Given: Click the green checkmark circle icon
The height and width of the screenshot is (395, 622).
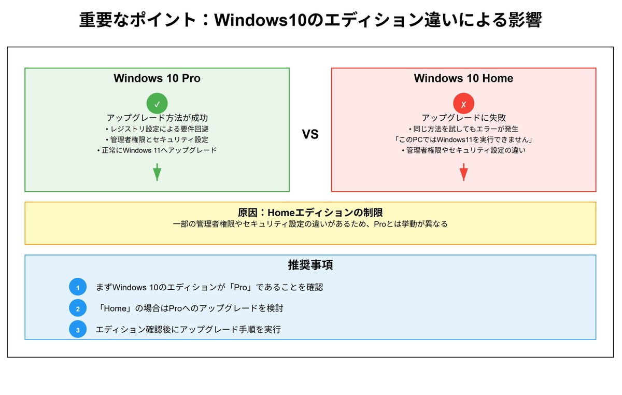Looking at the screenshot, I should point(157,104).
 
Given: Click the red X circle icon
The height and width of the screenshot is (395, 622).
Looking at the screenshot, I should point(463,104).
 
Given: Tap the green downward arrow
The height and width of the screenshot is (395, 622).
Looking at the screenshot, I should point(157,172).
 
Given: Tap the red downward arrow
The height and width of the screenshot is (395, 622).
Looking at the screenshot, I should point(463,172).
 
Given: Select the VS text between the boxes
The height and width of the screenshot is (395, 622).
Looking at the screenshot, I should point(310,135).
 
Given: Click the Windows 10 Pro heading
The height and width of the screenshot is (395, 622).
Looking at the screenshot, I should point(157,78).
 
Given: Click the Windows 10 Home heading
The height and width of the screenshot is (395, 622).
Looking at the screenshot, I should point(463,78).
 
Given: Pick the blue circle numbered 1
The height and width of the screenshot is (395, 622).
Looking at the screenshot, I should point(78,287).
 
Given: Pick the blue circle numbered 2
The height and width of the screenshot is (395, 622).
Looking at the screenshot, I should point(78,308).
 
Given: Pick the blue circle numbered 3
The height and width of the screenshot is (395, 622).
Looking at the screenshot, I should point(78,330).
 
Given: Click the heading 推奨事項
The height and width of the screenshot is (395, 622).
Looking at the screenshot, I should point(310,265).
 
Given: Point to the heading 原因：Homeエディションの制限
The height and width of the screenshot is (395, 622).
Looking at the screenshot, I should point(310,213).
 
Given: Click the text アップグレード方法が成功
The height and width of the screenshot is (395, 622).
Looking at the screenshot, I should point(157,118).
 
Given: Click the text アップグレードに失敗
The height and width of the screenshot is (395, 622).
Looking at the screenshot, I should point(463,118).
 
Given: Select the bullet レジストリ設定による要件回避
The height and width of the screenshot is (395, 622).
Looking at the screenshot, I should point(157,129).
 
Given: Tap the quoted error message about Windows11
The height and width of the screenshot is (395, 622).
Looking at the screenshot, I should point(463,139).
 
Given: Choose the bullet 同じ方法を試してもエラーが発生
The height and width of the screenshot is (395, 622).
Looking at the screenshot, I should point(463,129).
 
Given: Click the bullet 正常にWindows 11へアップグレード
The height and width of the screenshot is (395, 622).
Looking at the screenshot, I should point(157,150).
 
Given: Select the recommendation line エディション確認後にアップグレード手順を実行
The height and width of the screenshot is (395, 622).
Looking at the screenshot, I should point(188,329).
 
